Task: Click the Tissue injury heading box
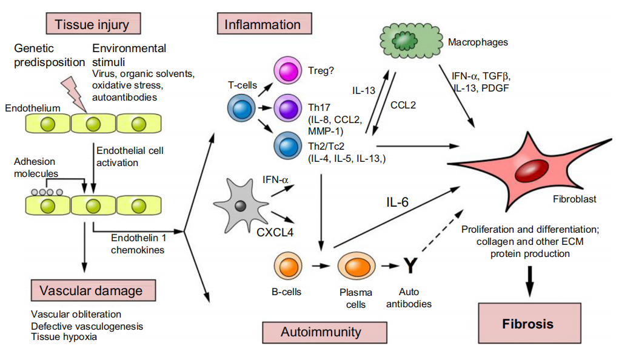92,25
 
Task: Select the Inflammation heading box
263,25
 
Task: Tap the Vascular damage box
91,290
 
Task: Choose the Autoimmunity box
321,332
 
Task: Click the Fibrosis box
527,324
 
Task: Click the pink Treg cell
289,70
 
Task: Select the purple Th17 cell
289,109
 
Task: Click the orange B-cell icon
287,266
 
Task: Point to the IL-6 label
398,203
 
